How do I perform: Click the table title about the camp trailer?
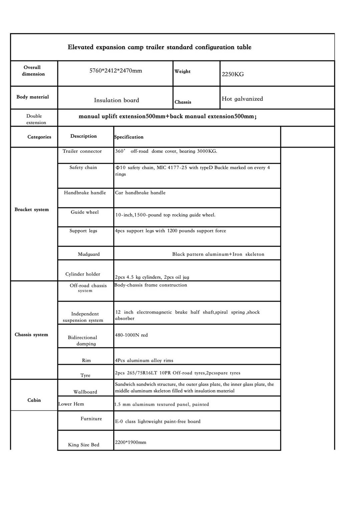pos(159,47)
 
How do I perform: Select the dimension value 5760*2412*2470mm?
pos(115,71)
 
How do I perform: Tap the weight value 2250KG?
pos(233,74)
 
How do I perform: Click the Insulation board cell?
pos(116,100)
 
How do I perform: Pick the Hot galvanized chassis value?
pos(242,99)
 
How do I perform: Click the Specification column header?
pos(129,137)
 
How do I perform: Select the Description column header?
pos(83,136)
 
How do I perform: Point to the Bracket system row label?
pos(32,209)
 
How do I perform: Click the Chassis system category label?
pos(31,335)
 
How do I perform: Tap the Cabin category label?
pos(34,400)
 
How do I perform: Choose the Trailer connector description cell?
pos(82,151)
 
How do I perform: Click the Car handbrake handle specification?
pos(140,193)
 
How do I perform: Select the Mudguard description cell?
pos(89,254)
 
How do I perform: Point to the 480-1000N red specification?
pos(131,335)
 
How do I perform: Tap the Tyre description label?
pos(85,375)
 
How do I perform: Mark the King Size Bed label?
pos(84,445)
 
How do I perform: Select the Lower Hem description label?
pos(71,404)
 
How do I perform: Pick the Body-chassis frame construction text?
pos(151,285)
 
